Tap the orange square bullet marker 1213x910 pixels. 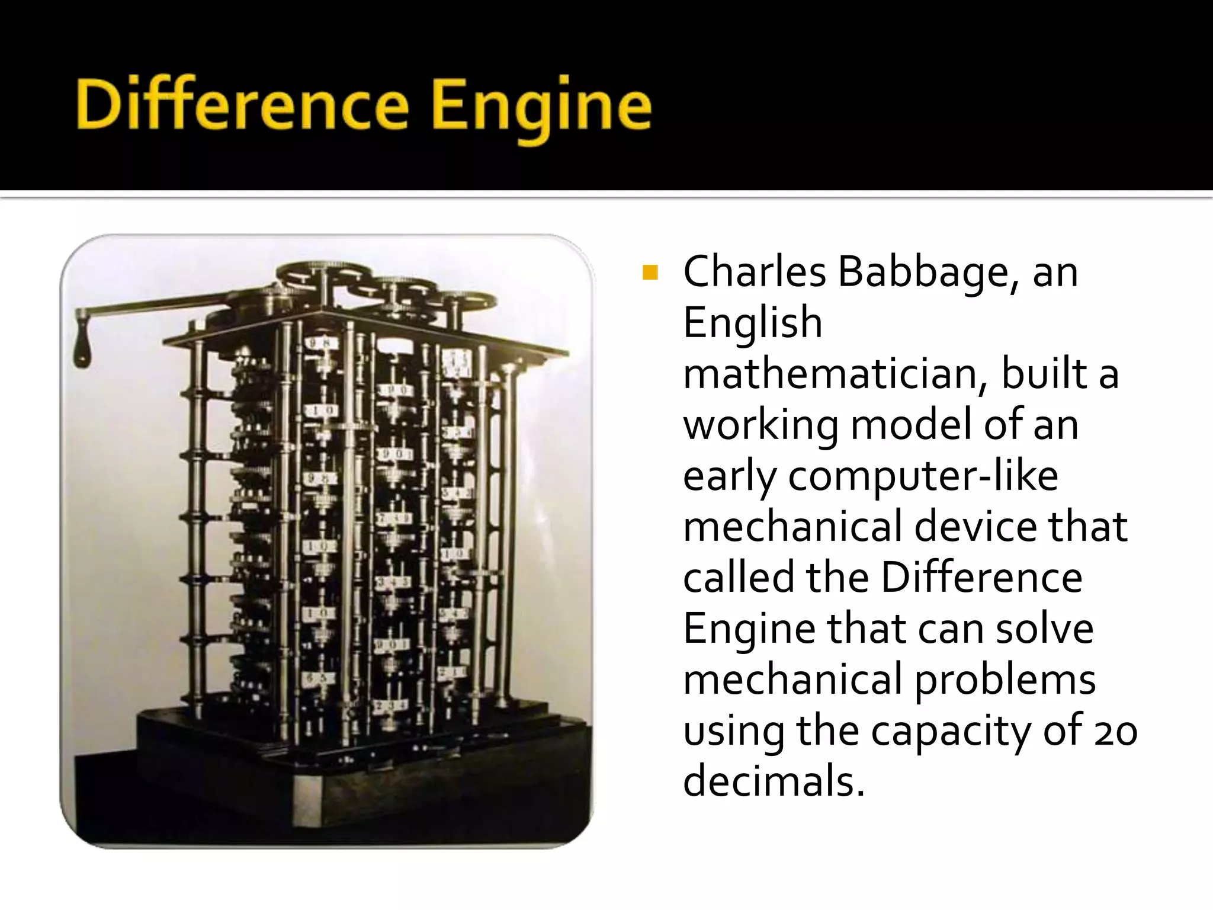point(650,273)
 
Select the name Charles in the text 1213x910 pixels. point(754,272)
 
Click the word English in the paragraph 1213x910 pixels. point(752,324)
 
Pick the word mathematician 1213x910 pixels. point(834,374)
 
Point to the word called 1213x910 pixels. point(738,578)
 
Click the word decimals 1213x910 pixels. point(774,781)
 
